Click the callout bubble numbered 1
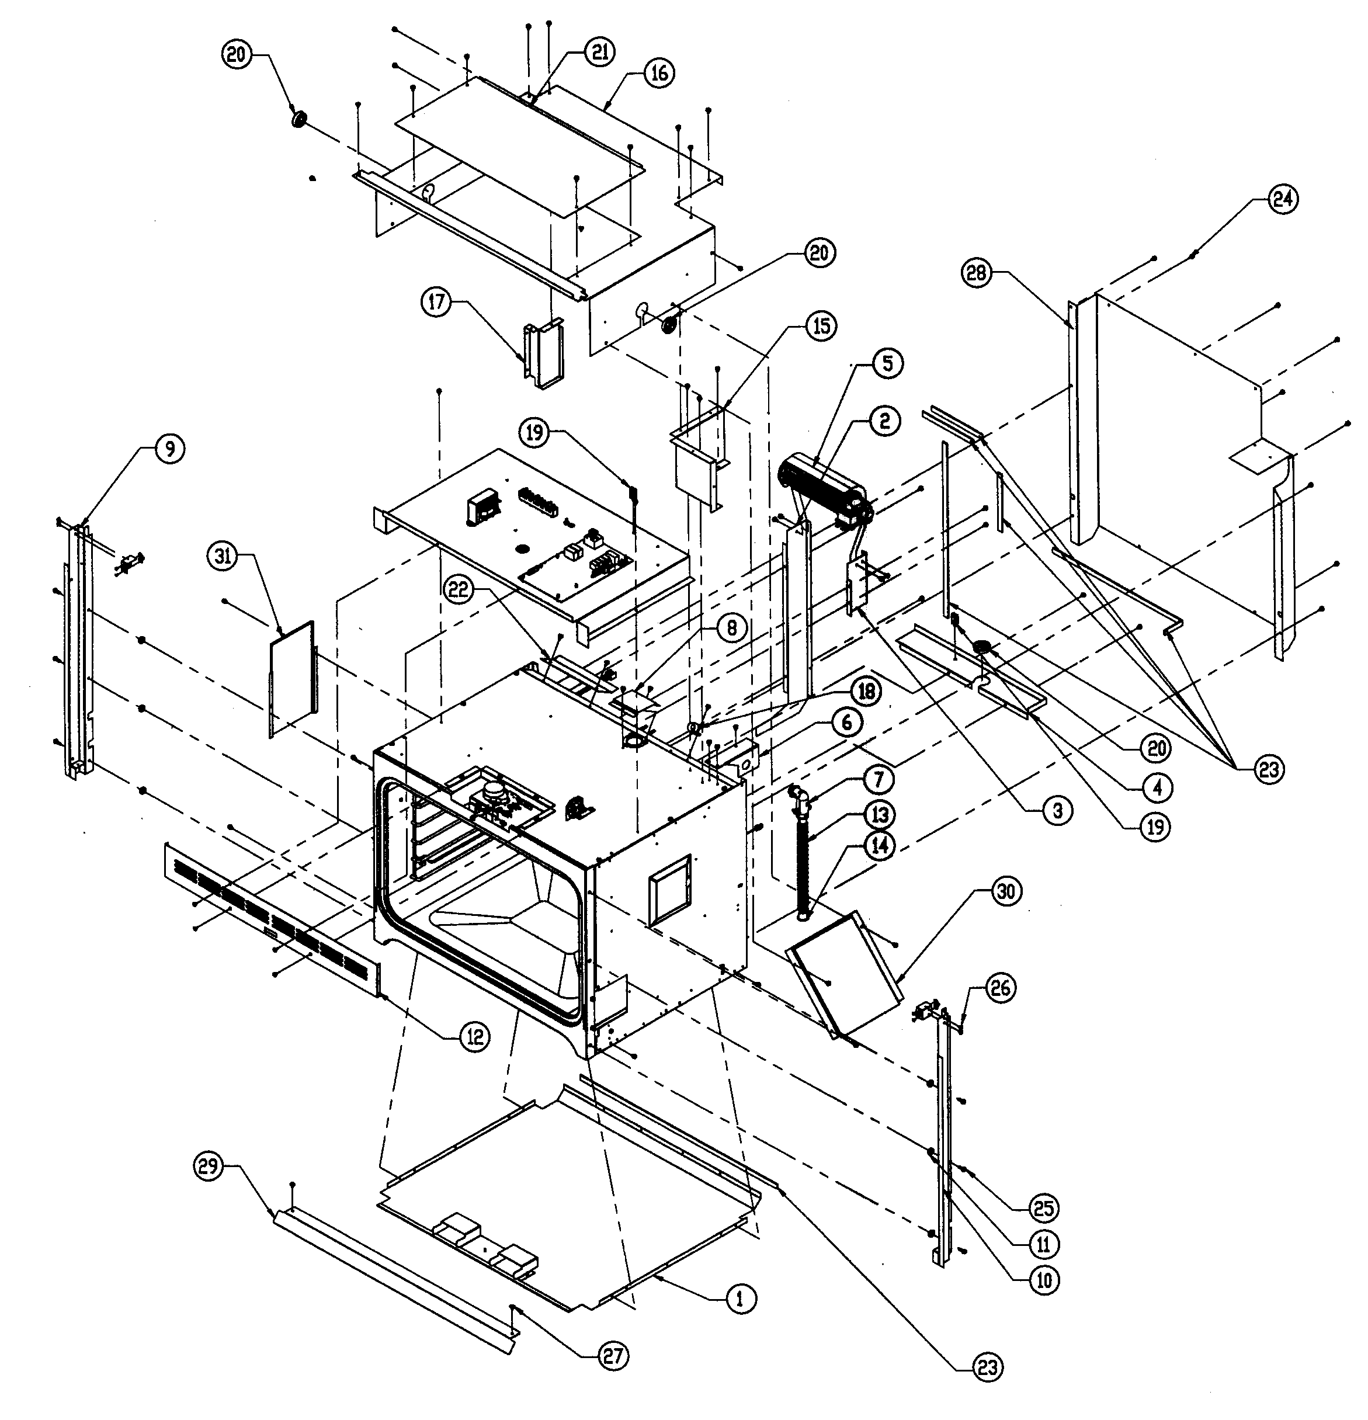click(x=739, y=1299)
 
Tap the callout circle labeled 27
click(x=613, y=1356)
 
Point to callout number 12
click(x=475, y=1037)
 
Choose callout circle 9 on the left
click(x=168, y=449)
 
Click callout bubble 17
click(x=437, y=303)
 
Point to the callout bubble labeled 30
click(x=1005, y=892)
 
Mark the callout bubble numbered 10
click(x=1043, y=1280)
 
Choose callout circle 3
click(x=1057, y=811)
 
